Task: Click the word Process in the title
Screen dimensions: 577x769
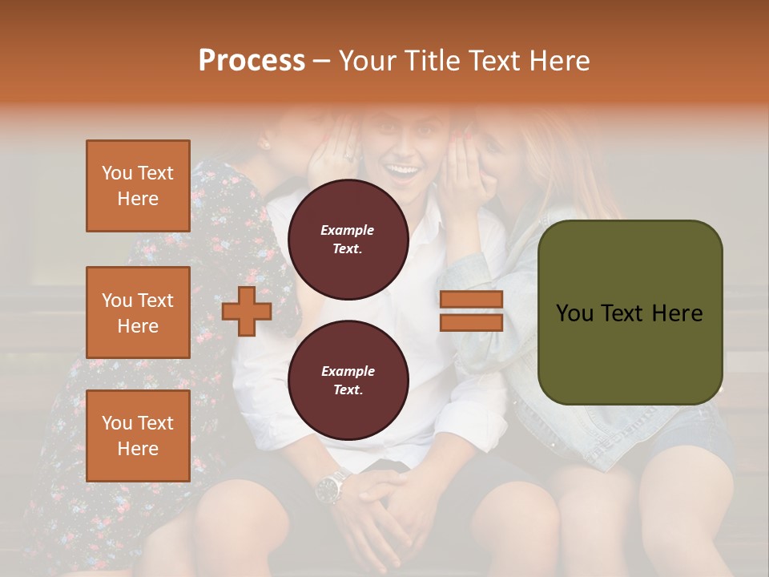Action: pyautogui.click(x=252, y=61)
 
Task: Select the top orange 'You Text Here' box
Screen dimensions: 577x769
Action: pyautogui.click(x=138, y=186)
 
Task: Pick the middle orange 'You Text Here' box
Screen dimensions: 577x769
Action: pyautogui.click(x=138, y=313)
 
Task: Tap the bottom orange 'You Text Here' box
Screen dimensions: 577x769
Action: pyautogui.click(x=138, y=435)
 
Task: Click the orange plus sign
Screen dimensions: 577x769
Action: pyautogui.click(x=247, y=311)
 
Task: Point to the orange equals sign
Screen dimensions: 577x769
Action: pyautogui.click(x=472, y=311)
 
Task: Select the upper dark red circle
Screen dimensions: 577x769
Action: pyautogui.click(x=348, y=239)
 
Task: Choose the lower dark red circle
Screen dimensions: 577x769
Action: pyautogui.click(x=348, y=380)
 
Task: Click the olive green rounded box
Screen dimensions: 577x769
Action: pyautogui.click(x=630, y=313)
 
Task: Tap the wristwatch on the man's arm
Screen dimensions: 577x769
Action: pyautogui.click(x=330, y=486)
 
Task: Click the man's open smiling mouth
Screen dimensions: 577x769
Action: pyautogui.click(x=405, y=171)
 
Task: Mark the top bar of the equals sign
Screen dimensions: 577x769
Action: pyautogui.click(x=472, y=300)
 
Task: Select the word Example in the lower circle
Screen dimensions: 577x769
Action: pyautogui.click(x=348, y=371)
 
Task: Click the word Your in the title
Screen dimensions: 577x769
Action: pyautogui.click(x=368, y=61)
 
